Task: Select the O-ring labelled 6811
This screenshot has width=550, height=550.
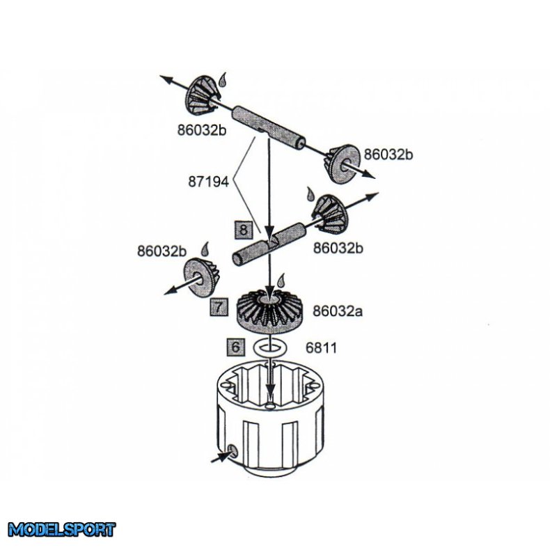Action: coord(270,347)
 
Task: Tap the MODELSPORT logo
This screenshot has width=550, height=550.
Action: coord(62,530)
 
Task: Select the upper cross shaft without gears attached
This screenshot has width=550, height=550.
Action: coord(269,125)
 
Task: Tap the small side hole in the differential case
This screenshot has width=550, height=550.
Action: coord(233,452)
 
